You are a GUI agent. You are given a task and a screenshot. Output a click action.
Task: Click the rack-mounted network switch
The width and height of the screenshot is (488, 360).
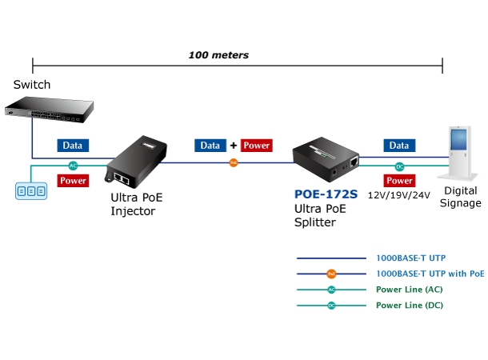[x=49, y=110]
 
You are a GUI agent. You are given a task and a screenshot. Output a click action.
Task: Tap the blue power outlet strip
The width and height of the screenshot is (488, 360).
[x=31, y=191]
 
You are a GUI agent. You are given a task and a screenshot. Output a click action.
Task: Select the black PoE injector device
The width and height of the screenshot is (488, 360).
[x=136, y=164]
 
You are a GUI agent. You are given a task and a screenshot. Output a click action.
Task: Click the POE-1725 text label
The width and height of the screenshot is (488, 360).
[x=326, y=194]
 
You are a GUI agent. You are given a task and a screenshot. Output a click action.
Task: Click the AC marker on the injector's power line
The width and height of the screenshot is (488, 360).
[x=73, y=166]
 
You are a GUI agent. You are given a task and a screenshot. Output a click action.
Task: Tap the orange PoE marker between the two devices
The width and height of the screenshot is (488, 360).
[x=234, y=162]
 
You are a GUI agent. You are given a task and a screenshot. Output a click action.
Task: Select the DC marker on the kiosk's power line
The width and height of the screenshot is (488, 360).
[x=399, y=166]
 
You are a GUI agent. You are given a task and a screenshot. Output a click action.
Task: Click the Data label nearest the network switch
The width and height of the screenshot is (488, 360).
[x=73, y=146]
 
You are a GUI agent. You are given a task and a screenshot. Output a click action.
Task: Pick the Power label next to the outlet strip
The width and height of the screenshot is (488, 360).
[x=73, y=181]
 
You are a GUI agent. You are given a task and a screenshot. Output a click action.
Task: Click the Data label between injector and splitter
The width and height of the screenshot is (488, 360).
[x=210, y=146]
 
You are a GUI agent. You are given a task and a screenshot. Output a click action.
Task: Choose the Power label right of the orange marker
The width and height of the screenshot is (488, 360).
[x=256, y=146]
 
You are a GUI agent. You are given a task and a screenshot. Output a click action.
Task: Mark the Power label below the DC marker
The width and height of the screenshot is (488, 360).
[x=399, y=181]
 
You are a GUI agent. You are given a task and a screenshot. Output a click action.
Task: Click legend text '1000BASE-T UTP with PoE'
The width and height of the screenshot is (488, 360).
[x=430, y=274]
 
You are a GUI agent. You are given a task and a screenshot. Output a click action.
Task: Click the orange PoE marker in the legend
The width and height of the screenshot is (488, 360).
[x=331, y=274]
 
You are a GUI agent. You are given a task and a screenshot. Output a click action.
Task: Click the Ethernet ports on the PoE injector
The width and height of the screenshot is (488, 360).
[x=122, y=178]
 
